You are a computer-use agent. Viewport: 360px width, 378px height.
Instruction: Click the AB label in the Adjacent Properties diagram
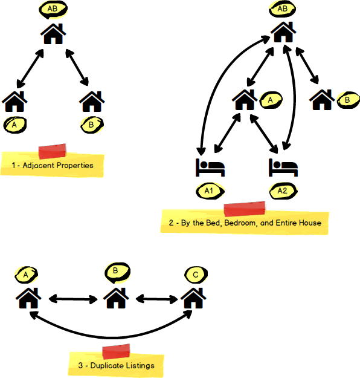[x=53, y=9]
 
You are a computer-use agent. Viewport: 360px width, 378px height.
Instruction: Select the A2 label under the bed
[x=283, y=191]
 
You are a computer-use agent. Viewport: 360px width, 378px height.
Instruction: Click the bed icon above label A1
[x=210, y=168]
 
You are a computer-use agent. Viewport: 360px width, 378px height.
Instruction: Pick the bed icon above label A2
[x=283, y=168]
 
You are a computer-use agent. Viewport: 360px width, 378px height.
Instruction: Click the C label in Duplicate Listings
[x=196, y=275]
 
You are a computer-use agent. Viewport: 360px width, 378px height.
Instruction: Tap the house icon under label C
[x=194, y=298]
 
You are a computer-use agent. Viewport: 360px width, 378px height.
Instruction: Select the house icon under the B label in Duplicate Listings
[x=116, y=298]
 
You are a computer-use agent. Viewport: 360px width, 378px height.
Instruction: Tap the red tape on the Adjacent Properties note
[x=53, y=151]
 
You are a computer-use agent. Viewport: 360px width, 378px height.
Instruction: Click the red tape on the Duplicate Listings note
[x=116, y=351]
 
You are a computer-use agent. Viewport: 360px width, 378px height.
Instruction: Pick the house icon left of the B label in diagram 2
[x=322, y=100]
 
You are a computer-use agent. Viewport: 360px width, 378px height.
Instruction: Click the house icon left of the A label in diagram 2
[x=245, y=100]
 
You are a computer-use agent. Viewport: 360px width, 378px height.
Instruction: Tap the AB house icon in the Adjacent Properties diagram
[x=53, y=34]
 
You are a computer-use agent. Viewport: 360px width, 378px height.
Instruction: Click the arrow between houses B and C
[x=157, y=299]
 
